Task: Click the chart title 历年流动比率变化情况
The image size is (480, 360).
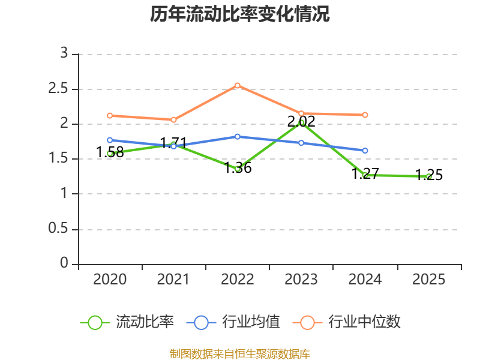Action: [x=239, y=14]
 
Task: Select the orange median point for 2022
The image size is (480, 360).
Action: [x=238, y=86]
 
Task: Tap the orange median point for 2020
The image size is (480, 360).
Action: [x=110, y=116]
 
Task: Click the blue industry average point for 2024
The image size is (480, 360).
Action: [x=365, y=151]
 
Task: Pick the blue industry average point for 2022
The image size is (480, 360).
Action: [x=238, y=137]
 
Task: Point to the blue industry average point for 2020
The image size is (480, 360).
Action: [x=110, y=140]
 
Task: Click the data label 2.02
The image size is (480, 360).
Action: [x=301, y=122]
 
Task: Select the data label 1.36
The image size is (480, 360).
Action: [x=238, y=168]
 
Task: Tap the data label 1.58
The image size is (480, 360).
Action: [x=110, y=152]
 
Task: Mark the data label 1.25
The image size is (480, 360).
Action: [x=429, y=175]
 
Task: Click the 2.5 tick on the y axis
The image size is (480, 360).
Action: [x=58, y=89]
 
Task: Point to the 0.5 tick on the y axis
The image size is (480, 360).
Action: [x=58, y=228]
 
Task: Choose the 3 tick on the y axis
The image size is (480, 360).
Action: [x=64, y=53]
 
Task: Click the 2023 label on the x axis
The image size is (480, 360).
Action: [x=301, y=279]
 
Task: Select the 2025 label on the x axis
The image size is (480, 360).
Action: [x=428, y=279]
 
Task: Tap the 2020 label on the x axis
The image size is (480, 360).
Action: [x=110, y=279]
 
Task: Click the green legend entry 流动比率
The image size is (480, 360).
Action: [x=127, y=322]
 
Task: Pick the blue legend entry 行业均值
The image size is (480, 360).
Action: [x=233, y=322]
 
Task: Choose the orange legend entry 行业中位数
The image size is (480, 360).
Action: [x=347, y=322]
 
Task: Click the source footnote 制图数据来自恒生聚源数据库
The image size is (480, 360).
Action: [x=239, y=354]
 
